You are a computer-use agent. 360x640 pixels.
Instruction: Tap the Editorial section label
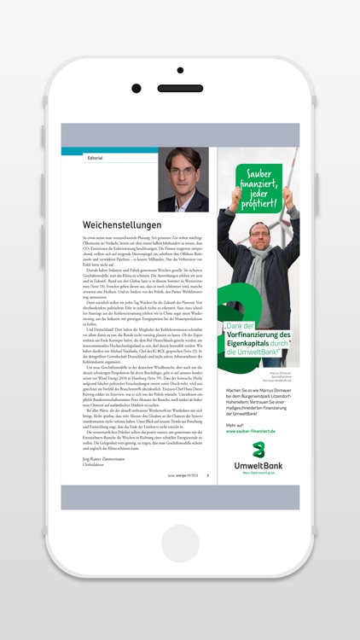click(x=95, y=158)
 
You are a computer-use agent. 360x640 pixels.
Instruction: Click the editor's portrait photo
click(x=183, y=179)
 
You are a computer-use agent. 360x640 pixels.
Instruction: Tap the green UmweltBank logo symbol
click(x=258, y=449)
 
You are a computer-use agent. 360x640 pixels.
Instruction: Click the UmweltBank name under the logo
click(x=258, y=466)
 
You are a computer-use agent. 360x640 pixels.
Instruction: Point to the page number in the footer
click(x=207, y=476)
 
